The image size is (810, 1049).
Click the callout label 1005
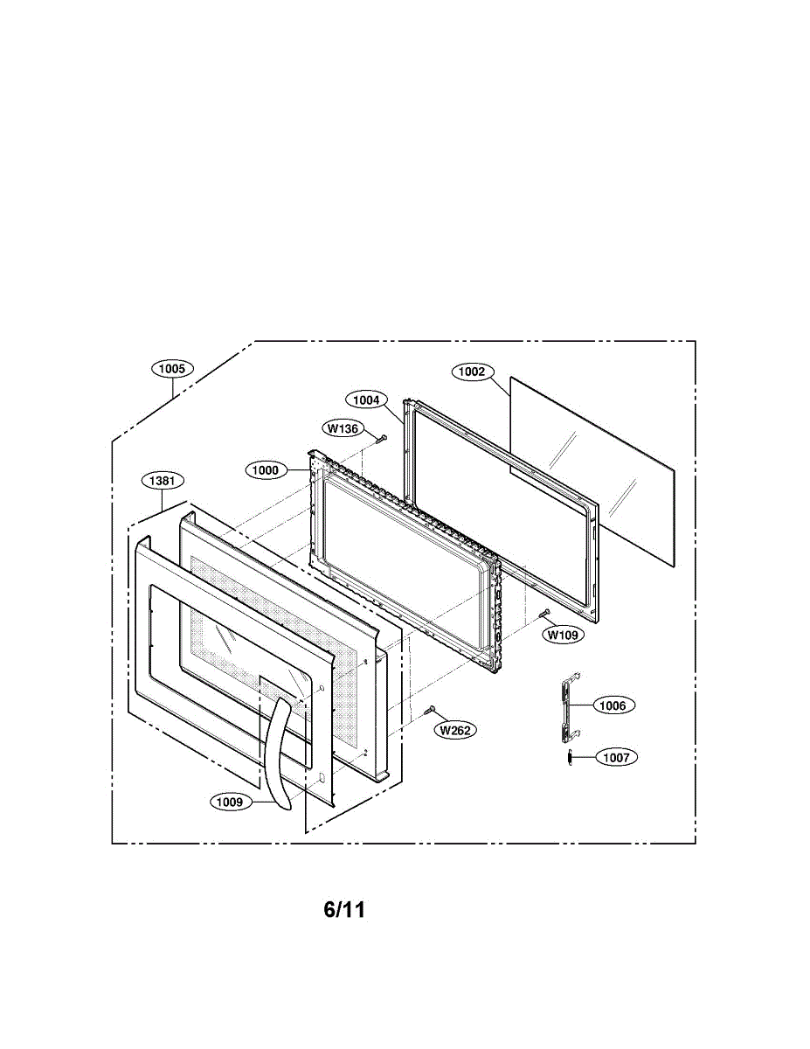click(172, 369)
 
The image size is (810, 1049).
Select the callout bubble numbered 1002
click(472, 372)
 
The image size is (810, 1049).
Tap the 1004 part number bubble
click(366, 399)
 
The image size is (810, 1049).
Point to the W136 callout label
click(343, 428)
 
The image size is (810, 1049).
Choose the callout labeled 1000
click(266, 470)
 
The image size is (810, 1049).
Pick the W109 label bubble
click(562, 636)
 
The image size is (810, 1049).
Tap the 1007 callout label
click(616, 758)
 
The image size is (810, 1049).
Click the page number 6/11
click(344, 910)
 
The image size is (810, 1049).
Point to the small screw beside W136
click(381, 437)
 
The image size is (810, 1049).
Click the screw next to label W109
click(545, 614)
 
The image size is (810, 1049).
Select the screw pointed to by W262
click(429, 711)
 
